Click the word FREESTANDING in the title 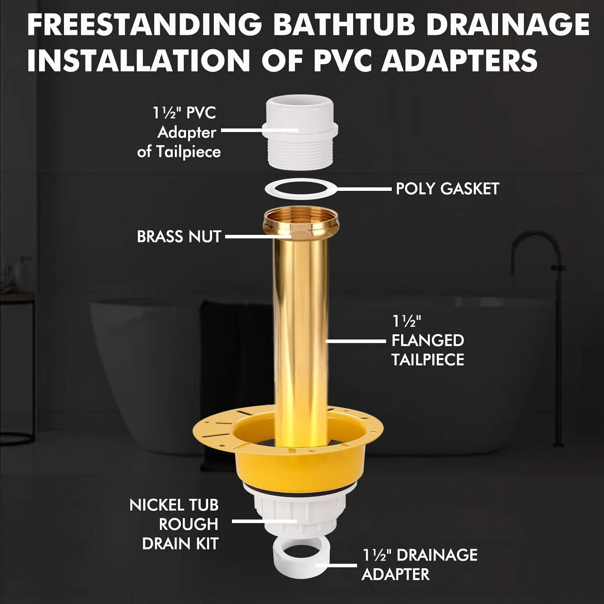coord(145,25)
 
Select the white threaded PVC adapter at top coord(301,133)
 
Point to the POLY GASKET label coord(447,188)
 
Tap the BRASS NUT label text coord(179,236)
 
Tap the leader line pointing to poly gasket coord(362,188)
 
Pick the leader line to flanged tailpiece coord(354,341)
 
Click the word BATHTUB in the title coord(344,25)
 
